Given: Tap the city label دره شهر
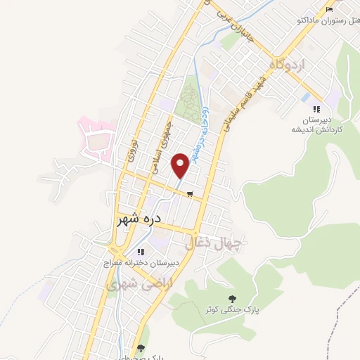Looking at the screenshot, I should coord(139,219).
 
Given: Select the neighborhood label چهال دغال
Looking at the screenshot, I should coord(213,244).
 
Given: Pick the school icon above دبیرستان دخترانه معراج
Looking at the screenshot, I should coord(141,252).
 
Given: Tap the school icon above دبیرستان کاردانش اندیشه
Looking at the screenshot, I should coord(316,108).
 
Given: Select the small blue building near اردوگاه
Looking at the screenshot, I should coord(307,97).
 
